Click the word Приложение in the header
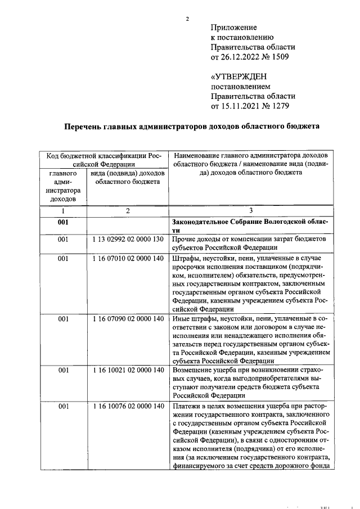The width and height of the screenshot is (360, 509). tap(233, 27)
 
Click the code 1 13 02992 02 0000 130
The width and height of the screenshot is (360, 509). tap(128, 240)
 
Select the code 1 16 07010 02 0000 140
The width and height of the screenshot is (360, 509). tap(128, 259)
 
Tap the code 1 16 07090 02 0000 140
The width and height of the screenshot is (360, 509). tap(128, 319)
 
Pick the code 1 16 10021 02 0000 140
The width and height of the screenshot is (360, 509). tap(128, 370)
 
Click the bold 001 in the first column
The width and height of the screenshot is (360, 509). tap(63, 223)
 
